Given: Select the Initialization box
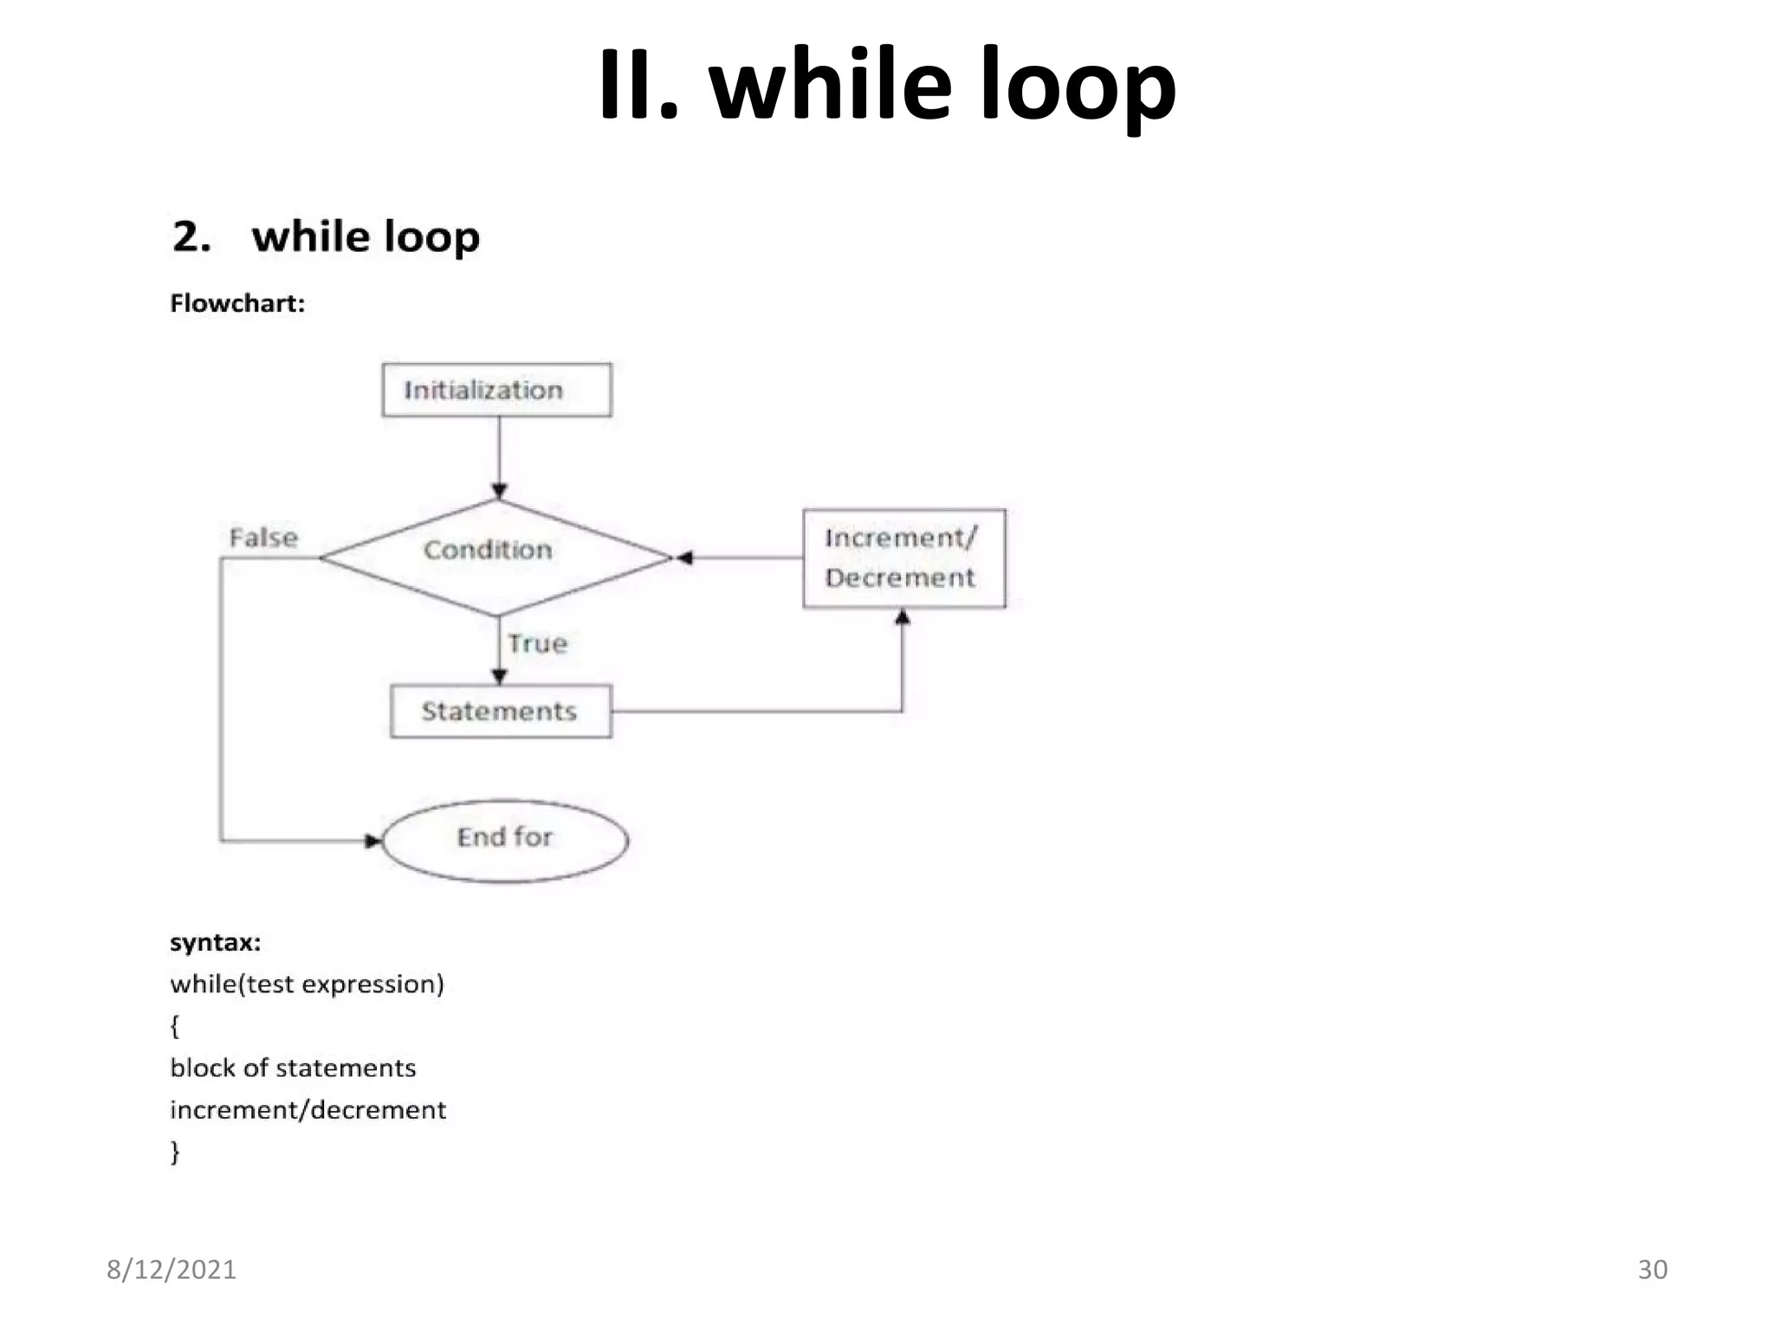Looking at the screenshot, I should (496, 390).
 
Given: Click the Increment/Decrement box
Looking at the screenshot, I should (903, 558).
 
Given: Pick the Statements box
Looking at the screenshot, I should (501, 711).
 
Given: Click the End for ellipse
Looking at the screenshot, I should (505, 839).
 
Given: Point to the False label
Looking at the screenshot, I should (263, 538).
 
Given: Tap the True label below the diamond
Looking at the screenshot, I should (537, 643).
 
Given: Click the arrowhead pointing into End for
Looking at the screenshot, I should (373, 840).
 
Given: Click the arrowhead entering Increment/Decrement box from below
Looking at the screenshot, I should (902, 617).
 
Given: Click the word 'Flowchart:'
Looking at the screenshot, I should (237, 303).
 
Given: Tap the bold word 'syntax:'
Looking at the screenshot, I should (215, 942).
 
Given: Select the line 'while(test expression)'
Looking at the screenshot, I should (307, 984).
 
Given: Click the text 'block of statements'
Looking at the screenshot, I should (293, 1068).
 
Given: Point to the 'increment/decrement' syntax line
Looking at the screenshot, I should (308, 1109).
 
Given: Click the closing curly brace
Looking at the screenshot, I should (175, 1152).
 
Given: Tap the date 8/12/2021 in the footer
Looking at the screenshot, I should (172, 1269).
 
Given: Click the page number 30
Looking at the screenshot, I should (1652, 1269).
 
